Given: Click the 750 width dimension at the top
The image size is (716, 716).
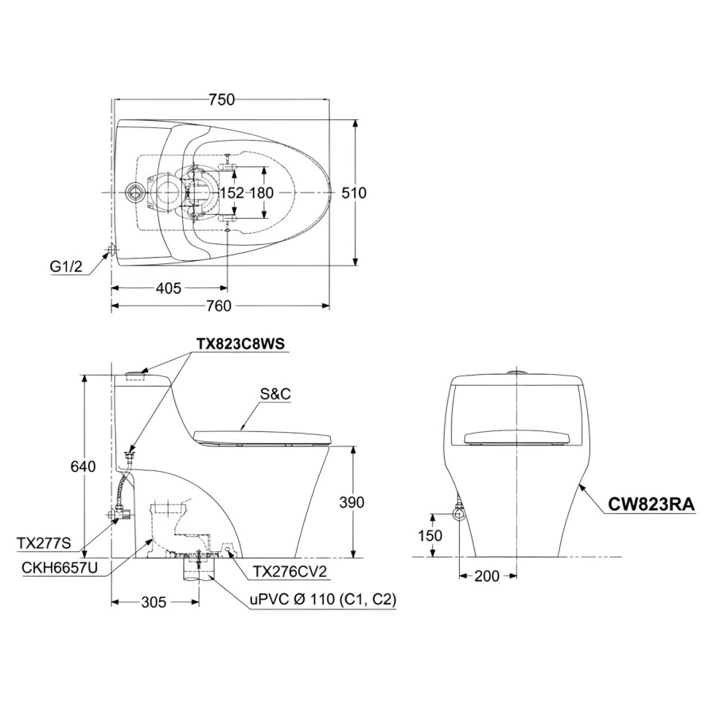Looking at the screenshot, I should (x=221, y=99).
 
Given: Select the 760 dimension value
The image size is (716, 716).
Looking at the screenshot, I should (x=218, y=306).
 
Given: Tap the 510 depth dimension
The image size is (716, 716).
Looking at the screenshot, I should (x=354, y=193).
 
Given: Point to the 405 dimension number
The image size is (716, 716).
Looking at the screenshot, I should (x=168, y=288).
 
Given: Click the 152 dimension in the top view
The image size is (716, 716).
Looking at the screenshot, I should (x=232, y=193).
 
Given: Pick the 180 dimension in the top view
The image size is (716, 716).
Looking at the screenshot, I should (x=262, y=193).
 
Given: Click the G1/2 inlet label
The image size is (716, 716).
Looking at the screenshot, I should (x=66, y=268).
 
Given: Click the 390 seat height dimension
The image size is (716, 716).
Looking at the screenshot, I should (x=351, y=502).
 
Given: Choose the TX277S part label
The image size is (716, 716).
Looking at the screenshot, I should (x=44, y=543).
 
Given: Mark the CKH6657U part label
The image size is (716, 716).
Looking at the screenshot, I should (x=59, y=566).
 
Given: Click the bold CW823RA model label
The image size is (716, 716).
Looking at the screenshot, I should (x=652, y=504).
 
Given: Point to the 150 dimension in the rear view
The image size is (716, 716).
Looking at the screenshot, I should (x=430, y=535).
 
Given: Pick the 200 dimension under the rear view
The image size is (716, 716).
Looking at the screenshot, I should (x=487, y=576).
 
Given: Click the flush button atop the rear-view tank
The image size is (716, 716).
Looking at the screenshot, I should (x=517, y=370).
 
